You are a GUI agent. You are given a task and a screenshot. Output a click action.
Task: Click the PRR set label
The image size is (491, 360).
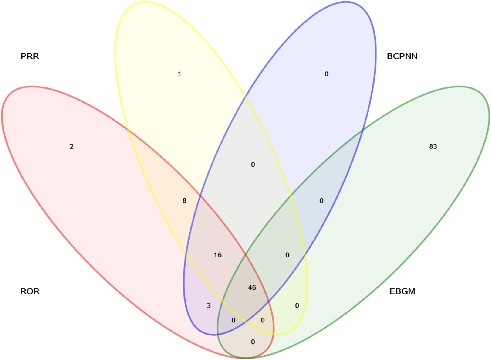click(30, 56)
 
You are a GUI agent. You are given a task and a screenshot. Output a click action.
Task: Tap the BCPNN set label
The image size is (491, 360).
click(402, 56)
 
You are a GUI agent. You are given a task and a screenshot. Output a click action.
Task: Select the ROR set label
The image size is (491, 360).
click(30, 291)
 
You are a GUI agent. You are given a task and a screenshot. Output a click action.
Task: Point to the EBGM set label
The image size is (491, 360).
click(402, 291)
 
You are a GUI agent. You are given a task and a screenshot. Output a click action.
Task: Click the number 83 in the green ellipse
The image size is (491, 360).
click(433, 146)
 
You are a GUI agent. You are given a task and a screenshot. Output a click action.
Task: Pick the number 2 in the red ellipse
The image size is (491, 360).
click(71, 146)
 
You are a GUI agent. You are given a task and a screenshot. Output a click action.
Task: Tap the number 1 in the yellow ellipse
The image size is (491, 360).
click(179, 74)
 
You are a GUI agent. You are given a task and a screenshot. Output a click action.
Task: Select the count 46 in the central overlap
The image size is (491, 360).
click(252, 288)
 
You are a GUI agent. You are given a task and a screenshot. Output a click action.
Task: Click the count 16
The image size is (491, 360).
click(218, 255)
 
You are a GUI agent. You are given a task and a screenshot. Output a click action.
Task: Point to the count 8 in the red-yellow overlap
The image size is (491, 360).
click(184, 201)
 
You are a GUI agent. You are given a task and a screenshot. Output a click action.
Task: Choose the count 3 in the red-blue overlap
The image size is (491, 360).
click(209, 306)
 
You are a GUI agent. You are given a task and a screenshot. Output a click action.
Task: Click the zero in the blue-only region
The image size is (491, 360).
click(326, 74)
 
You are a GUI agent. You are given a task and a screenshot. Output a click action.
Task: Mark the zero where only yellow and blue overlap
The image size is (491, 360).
click(253, 165)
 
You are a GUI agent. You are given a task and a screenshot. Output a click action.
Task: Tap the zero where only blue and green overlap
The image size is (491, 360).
click(321, 201)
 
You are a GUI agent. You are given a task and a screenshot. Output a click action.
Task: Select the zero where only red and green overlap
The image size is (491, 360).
click(253, 342)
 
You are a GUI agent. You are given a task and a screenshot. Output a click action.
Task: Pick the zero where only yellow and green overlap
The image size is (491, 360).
click(297, 306)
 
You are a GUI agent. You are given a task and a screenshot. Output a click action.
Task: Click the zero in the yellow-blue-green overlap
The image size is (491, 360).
click(287, 255)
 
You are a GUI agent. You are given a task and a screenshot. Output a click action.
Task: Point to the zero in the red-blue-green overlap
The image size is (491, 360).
click(233, 320)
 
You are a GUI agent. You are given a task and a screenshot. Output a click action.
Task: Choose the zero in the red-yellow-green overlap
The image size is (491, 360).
click(263, 320)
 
